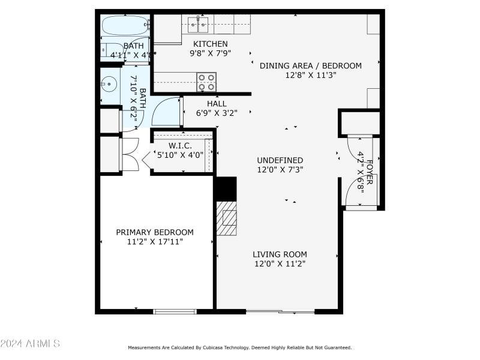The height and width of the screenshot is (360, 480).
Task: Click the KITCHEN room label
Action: pyautogui.click(x=210, y=44)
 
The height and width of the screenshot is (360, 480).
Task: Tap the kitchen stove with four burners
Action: pyautogui.click(x=206, y=82)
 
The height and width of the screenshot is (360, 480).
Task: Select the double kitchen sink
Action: pyautogui.click(x=197, y=24)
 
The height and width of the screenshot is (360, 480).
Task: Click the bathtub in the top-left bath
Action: pyautogui.click(x=124, y=26)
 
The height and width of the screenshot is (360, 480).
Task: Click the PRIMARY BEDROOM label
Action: pyautogui.click(x=155, y=232)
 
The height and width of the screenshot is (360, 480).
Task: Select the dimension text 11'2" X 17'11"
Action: pyautogui.click(x=155, y=242)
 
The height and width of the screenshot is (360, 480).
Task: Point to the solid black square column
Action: pyautogui.click(x=226, y=188)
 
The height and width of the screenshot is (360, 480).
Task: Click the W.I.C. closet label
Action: pyautogui.click(x=180, y=146)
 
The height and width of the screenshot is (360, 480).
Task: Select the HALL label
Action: pyautogui.click(x=217, y=104)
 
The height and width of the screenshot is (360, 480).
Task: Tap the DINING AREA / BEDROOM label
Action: pyautogui.click(x=310, y=66)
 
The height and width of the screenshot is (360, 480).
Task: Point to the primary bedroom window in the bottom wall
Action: pyautogui.click(x=175, y=311)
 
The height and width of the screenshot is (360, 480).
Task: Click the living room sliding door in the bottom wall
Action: pyautogui.click(x=280, y=311)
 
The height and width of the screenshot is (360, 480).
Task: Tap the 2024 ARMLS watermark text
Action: pyautogui.click(x=30, y=344)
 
